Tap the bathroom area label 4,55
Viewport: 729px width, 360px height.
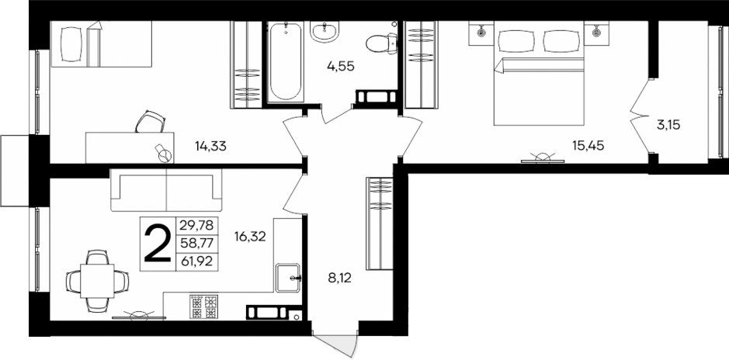[x=340, y=67]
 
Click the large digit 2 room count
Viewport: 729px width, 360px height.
[x=158, y=244]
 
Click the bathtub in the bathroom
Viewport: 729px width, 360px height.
[x=286, y=62]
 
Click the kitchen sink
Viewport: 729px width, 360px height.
[x=290, y=275]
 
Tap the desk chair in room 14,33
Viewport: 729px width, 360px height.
[x=151, y=123]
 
